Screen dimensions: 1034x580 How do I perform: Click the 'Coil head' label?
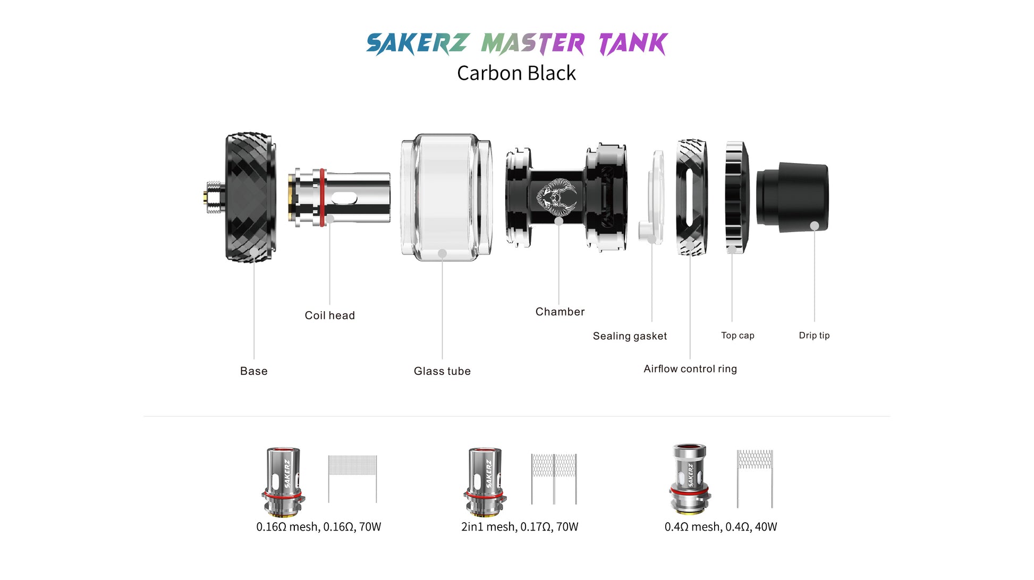tap(329, 315)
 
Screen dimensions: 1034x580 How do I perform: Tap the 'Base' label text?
tap(254, 371)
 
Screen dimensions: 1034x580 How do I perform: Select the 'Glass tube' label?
tap(442, 371)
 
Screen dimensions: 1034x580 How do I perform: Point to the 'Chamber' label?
tap(560, 312)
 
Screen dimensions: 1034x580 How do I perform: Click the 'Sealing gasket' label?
tap(630, 336)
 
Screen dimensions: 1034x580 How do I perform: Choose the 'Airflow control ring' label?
tap(690, 369)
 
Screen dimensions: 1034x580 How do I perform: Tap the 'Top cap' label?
tap(738, 336)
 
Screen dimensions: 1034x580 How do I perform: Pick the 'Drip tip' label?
tap(814, 336)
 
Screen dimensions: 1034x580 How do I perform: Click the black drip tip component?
tap(792, 197)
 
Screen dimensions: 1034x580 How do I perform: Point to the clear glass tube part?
tap(446, 197)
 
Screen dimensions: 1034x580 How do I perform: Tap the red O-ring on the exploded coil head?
tap(322, 197)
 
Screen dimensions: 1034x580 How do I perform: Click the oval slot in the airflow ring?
tap(689, 197)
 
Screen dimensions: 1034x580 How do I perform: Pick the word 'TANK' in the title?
tap(633, 44)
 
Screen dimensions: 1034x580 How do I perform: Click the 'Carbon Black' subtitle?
tap(516, 73)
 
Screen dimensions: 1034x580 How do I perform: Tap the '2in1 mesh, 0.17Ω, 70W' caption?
tap(520, 527)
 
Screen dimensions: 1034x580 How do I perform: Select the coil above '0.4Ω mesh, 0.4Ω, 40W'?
tap(690, 479)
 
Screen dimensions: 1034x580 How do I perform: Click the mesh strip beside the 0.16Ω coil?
tap(352, 479)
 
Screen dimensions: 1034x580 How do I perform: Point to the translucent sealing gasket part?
tap(653, 197)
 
